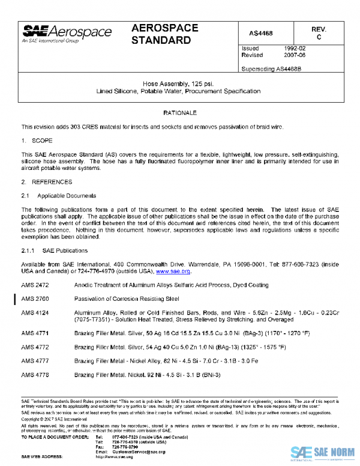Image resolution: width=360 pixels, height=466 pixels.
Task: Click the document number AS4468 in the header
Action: [261, 33]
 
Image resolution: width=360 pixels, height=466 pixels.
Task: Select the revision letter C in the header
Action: [319, 37]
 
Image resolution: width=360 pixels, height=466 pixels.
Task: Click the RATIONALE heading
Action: [179, 113]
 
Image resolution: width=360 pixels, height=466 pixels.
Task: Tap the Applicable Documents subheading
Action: [66, 196]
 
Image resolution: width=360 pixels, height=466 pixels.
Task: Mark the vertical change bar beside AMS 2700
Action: [14, 298]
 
